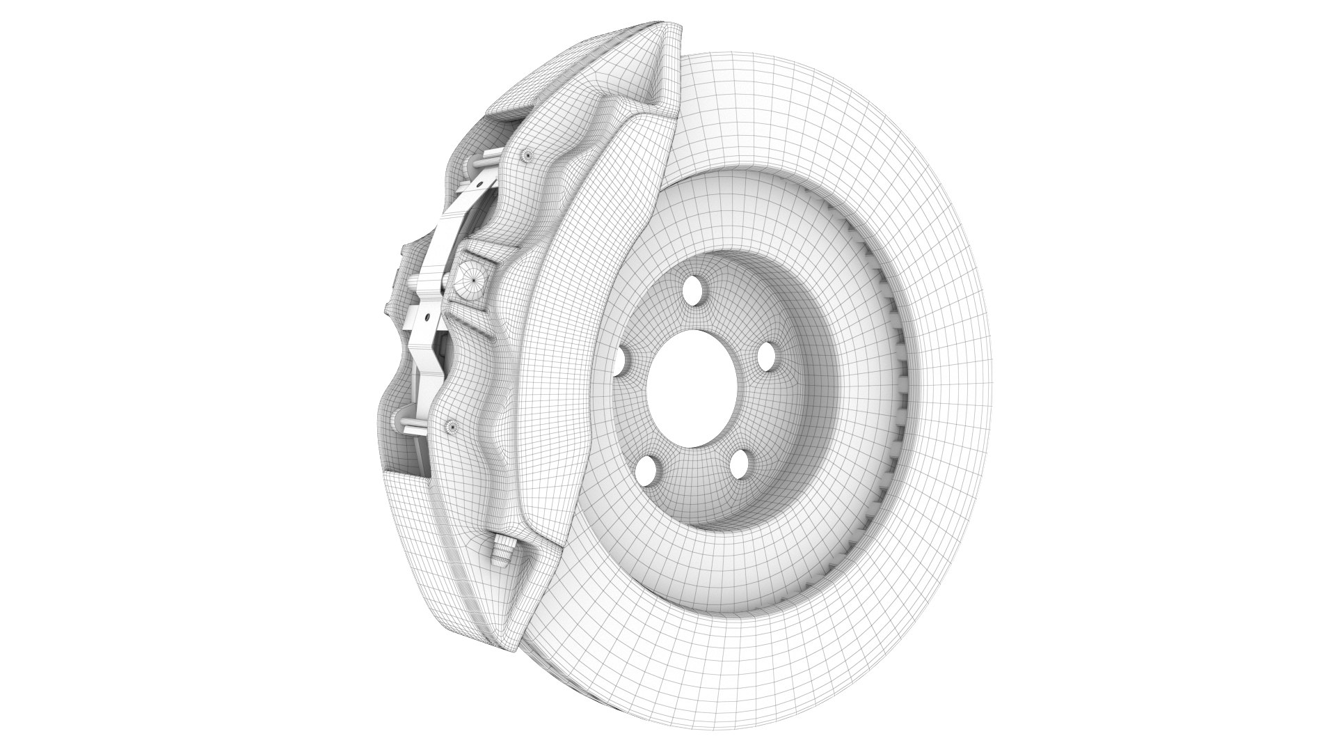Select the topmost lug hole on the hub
(x=693, y=289)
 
